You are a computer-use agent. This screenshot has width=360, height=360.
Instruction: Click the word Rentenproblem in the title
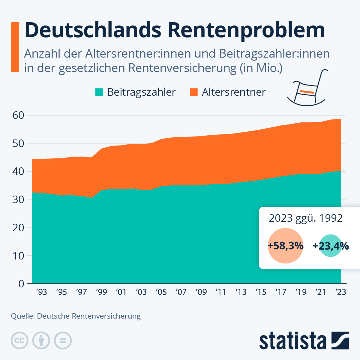coord(246,30)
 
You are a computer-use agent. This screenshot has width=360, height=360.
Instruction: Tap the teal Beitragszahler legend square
coord(99,92)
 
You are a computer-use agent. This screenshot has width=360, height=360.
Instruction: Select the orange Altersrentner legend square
coord(194,92)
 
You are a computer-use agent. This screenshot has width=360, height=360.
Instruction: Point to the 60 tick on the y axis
coord(18,115)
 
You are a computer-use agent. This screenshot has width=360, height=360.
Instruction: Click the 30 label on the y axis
coord(18,199)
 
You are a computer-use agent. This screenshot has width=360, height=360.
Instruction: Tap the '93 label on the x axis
coord(41,292)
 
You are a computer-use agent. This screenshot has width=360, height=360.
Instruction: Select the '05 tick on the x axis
coord(161,292)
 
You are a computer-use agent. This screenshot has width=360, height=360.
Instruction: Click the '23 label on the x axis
coord(341,292)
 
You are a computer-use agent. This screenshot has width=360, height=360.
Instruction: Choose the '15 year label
coord(261,292)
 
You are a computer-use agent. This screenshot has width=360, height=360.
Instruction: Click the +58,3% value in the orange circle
coord(285,246)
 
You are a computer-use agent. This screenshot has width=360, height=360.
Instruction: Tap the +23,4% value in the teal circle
coord(331,246)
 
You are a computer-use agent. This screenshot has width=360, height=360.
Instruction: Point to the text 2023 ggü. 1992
coord(305,218)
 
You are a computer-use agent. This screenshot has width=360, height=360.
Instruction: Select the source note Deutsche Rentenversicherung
coord(89,316)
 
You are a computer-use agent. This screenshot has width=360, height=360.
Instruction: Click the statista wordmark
coord(293,341)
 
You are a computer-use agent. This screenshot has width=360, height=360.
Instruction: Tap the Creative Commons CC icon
coord(19,341)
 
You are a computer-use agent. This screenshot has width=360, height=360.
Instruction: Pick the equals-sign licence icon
coord(63,341)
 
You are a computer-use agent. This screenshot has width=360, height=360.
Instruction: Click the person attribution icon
coord(41,341)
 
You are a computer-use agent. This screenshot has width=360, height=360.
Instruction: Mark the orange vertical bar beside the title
coord(15,47)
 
